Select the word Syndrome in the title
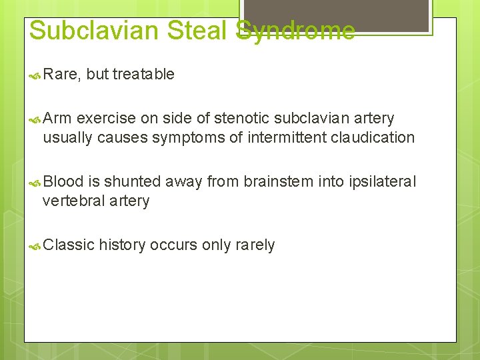[295, 31]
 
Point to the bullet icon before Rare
[36, 75]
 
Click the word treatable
[143, 75]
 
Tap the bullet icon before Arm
[36, 119]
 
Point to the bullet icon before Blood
[36, 183]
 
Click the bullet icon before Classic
[36, 246]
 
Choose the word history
[122, 245]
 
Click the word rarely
[255, 245]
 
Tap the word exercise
[106, 119]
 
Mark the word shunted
[133, 181]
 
